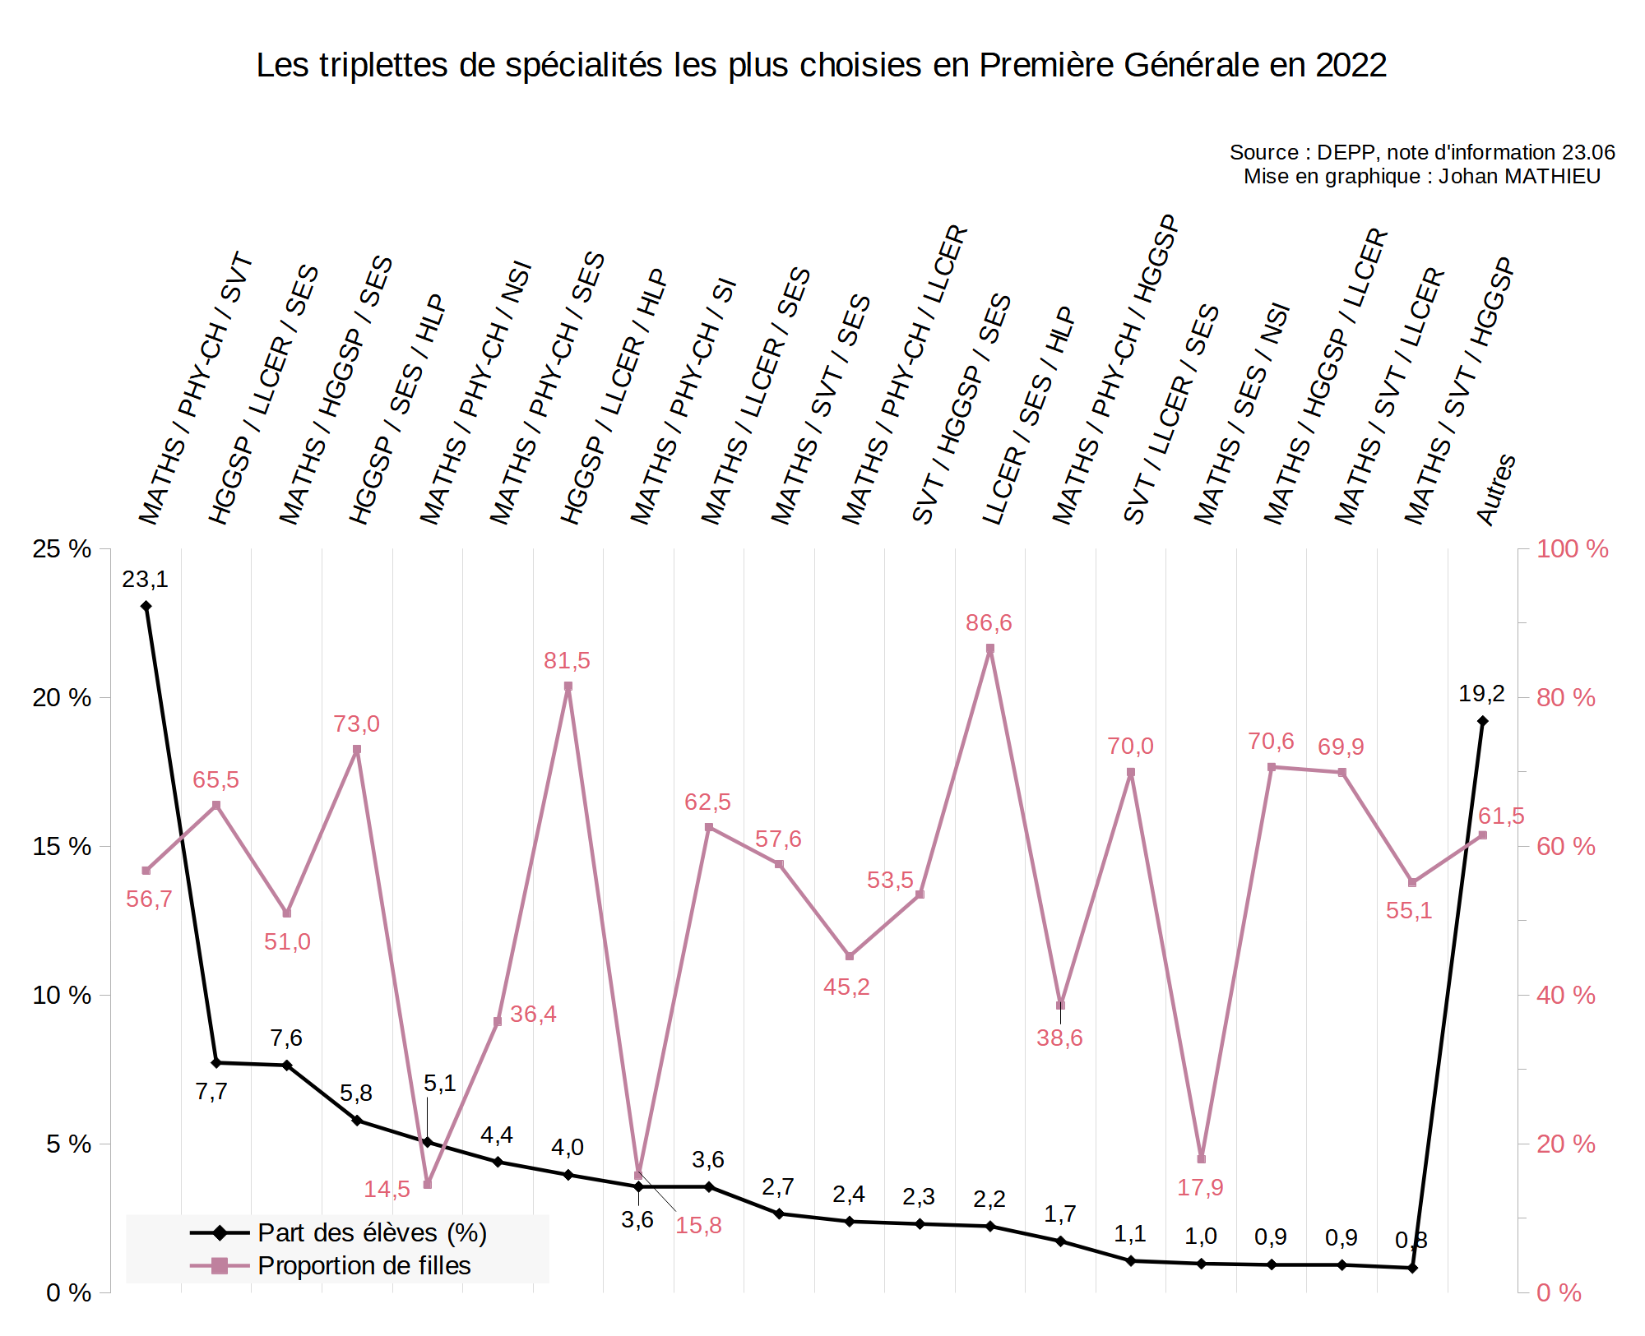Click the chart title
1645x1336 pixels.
(x=821, y=66)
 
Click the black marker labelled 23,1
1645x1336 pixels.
(x=146, y=607)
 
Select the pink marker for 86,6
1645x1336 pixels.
(x=990, y=649)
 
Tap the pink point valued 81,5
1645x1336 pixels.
(x=568, y=686)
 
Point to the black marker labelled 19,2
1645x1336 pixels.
(x=1482, y=721)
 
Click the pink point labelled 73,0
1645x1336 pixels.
(x=357, y=750)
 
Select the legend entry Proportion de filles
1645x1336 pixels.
(x=364, y=1265)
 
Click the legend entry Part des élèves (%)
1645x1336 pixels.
(x=372, y=1232)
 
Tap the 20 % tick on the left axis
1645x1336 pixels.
(x=62, y=698)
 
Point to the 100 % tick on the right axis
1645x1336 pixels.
(x=1572, y=549)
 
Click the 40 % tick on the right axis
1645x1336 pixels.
(x=1565, y=996)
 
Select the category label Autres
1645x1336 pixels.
(x=1496, y=489)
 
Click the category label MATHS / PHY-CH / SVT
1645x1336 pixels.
(x=196, y=389)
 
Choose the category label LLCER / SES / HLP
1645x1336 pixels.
(x=1029, y=416)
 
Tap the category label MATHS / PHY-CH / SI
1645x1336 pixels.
(x=683, y=402)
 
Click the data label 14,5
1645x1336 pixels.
(x=387, y=1189)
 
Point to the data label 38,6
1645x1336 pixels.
(x=1059, y=1038)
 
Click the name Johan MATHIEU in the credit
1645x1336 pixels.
(x=1519, y=177)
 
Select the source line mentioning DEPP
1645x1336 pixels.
(x=1421, y=153)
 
